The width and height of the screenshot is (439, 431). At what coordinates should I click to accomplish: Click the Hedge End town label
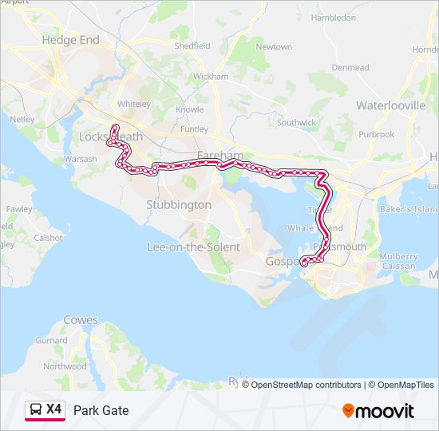tap(71, 40)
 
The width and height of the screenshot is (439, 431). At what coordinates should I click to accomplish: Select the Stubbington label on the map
tap(179, 205)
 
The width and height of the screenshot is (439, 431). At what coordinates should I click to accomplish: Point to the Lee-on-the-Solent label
tap(193, 247)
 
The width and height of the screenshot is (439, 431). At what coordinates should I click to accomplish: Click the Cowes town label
tap(81, 320)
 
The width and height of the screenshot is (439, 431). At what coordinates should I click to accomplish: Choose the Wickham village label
tap(211, 77)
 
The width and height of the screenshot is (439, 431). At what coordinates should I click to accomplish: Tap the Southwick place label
tap(297, 123)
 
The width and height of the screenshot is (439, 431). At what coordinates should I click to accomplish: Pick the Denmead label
tap(350, 68)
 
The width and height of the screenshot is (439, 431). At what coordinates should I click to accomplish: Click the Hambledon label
tap(333, 17)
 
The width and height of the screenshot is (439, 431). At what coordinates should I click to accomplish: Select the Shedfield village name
tap(192, 46)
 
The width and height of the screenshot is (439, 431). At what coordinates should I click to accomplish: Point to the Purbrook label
tap(376, 135)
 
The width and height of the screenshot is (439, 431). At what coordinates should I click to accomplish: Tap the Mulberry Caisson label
tap(398, 261)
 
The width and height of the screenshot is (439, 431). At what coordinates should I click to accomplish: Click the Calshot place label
tap(49, 238)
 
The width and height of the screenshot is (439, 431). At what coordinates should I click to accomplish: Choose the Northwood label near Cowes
tap(65, 366)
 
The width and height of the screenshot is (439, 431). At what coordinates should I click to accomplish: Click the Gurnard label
tap(52, 341)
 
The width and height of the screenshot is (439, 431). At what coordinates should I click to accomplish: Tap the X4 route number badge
tap(53, 409)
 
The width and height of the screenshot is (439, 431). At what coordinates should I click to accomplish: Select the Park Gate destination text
tap(101, 410)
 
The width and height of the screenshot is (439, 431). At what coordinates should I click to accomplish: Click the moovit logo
tap(378, 411)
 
